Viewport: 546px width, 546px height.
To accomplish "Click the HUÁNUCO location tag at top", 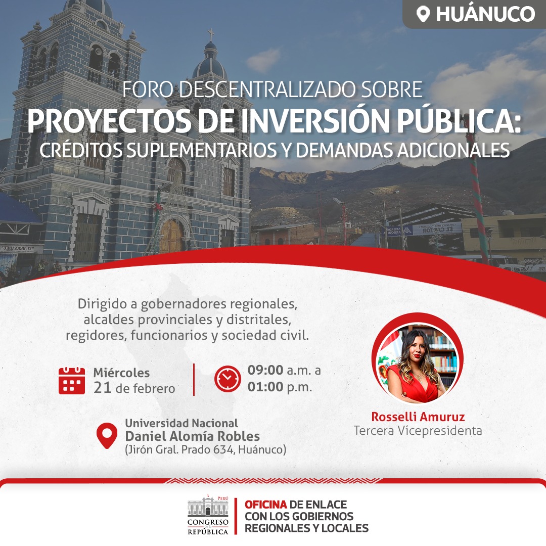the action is (474, 14).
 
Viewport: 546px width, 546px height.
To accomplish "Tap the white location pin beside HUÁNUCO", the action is (423, 15).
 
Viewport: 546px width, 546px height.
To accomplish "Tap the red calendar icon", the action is (72, 381).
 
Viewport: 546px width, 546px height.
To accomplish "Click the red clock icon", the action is (227, 379).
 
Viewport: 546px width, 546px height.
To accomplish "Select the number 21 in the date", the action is (102, 388).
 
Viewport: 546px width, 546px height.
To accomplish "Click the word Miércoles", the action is (121, 373).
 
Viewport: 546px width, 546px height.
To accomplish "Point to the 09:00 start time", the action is (265, 370).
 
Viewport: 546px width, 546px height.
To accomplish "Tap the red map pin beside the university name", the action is (107, 436).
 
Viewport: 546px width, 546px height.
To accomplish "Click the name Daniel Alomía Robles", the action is (193, 436).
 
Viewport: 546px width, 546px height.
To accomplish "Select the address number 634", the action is (223, 449).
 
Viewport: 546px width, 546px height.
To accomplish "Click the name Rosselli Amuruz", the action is (418, 417).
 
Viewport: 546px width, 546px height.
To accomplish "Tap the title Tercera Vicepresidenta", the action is (418, 431).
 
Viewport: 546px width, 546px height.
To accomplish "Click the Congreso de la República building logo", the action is (208, 515).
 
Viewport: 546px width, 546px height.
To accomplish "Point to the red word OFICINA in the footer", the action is (266, 504).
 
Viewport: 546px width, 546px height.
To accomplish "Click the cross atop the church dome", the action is (211, 35).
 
